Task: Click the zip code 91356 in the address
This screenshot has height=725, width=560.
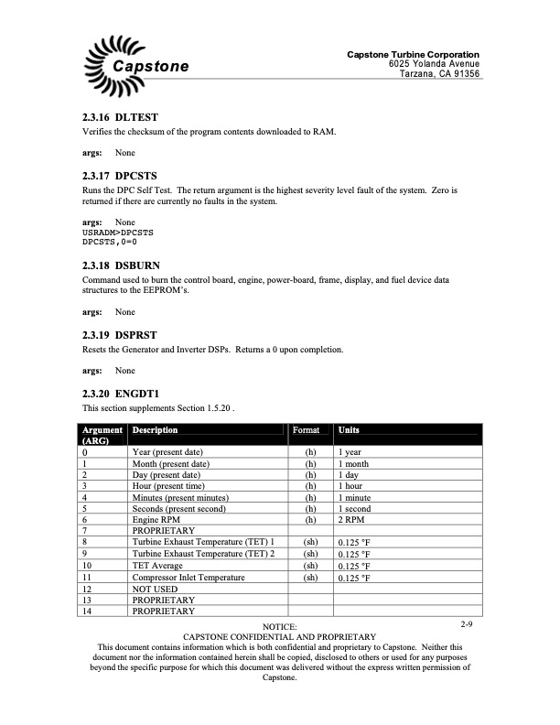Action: [x=460, y=74]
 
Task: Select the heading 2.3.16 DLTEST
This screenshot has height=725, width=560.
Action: [x=121, y=118]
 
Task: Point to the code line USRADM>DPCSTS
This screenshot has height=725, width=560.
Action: [x=117, y=233]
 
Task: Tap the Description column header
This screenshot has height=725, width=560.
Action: [x=155, y=430]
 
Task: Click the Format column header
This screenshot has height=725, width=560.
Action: [x=306, y=430]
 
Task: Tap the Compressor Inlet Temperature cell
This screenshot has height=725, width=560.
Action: [x=188, y=578]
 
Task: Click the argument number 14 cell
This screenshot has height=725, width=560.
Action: [x=88, y=611]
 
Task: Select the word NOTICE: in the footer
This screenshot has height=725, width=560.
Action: [x=280, y=625]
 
